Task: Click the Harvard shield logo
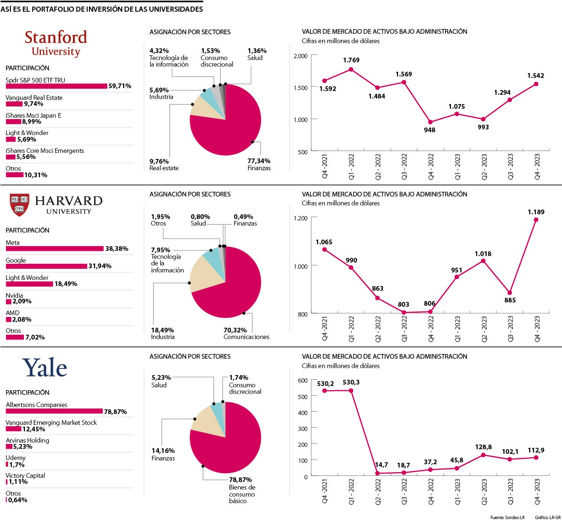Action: pyautogui.click(x=19, y=205)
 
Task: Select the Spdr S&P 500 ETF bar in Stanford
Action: pyautogui.click(x=56, y=86)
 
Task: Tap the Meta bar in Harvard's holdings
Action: pyautogui.click(x=54, y=249)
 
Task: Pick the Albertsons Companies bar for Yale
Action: pyautogui.click(x=54, y=411)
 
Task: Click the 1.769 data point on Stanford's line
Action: pyautogui.click(x=351, y=69)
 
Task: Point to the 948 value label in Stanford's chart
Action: pyautogui.click(x=429, y=130)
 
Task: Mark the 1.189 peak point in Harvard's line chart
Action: pyautogui.click(x=536, y=219)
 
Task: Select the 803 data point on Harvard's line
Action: pyautogui.click(x=404, y=312)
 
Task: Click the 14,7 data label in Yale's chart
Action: pyautogui.click(x=381, y=465)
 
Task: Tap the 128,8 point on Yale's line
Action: pyautogui.click(x=483, y=455)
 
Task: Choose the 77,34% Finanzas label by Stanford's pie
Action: pyautogui.click(x=259, y=165)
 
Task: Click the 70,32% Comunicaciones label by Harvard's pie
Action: pyautogui.click(x=246, y=333)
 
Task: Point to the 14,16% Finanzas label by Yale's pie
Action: pyautogui.click(x=163, y=454)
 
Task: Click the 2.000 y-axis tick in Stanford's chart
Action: pyautogui.click(x=300, y=56)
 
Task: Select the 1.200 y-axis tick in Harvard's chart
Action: pyautogui.click(x=300, y=219)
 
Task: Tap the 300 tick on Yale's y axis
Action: pyautogui.click(x=303, y=429)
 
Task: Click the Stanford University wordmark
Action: pyautogui.click(x=56, y=43)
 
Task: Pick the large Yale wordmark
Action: pyautogui.click(x=45, y=368)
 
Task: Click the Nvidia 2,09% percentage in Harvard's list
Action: pyautogui.click(x=22, y=301)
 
